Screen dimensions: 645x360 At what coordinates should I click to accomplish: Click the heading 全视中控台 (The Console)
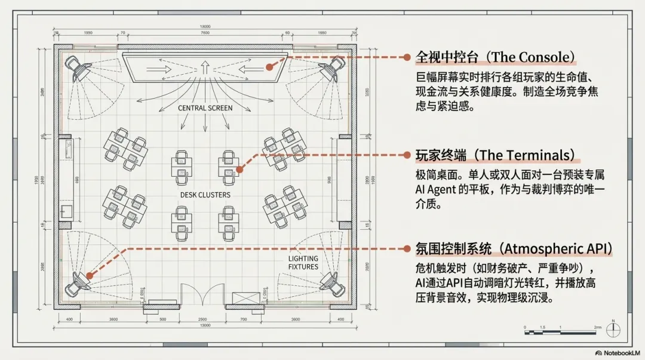click(496, 57)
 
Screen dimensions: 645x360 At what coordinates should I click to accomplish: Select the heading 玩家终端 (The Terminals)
click(497, 155)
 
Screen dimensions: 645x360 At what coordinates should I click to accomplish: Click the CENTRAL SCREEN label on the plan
click(205, 108)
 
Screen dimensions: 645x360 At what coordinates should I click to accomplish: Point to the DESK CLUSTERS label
click(205, 195)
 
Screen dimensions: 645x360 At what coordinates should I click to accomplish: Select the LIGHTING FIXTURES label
click(303, 263)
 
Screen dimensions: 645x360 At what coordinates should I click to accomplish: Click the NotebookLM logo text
click(619, 352)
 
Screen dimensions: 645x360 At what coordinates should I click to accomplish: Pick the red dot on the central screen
click(270, 67)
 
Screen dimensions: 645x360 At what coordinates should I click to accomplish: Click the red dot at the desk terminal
click(239, 170)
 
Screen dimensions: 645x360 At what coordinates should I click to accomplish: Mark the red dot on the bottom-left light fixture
click(89, 275)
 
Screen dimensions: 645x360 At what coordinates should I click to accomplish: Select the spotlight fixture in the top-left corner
click(78, 68)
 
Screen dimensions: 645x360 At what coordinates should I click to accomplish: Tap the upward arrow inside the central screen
click(204, 67)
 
